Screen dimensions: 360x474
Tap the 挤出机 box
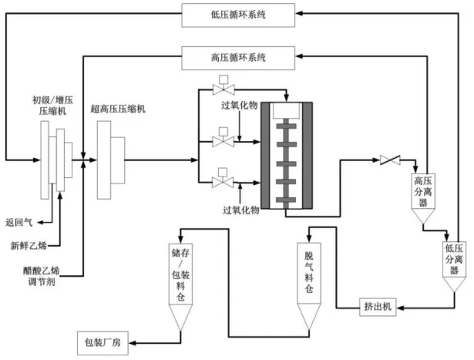coord(377,307)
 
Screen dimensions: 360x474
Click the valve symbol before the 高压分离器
coord(390,160)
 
